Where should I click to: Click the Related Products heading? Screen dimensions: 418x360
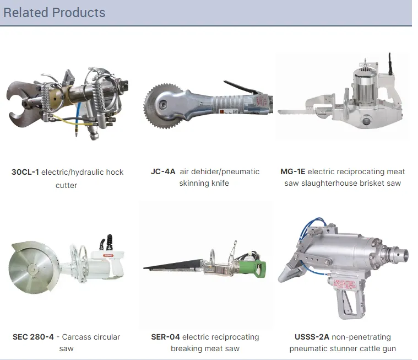click(55, 13)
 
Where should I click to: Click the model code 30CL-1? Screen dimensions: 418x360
click(25, 172)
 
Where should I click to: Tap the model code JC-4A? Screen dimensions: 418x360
click(163, 171)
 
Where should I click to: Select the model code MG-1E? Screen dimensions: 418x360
click(292, 171)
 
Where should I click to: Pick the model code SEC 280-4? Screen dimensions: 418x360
click(33, 337)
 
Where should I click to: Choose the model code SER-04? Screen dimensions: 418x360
click(165, 337)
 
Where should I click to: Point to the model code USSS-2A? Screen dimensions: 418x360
click(312, 337)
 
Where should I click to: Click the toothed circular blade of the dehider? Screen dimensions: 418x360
click(158, 106)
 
